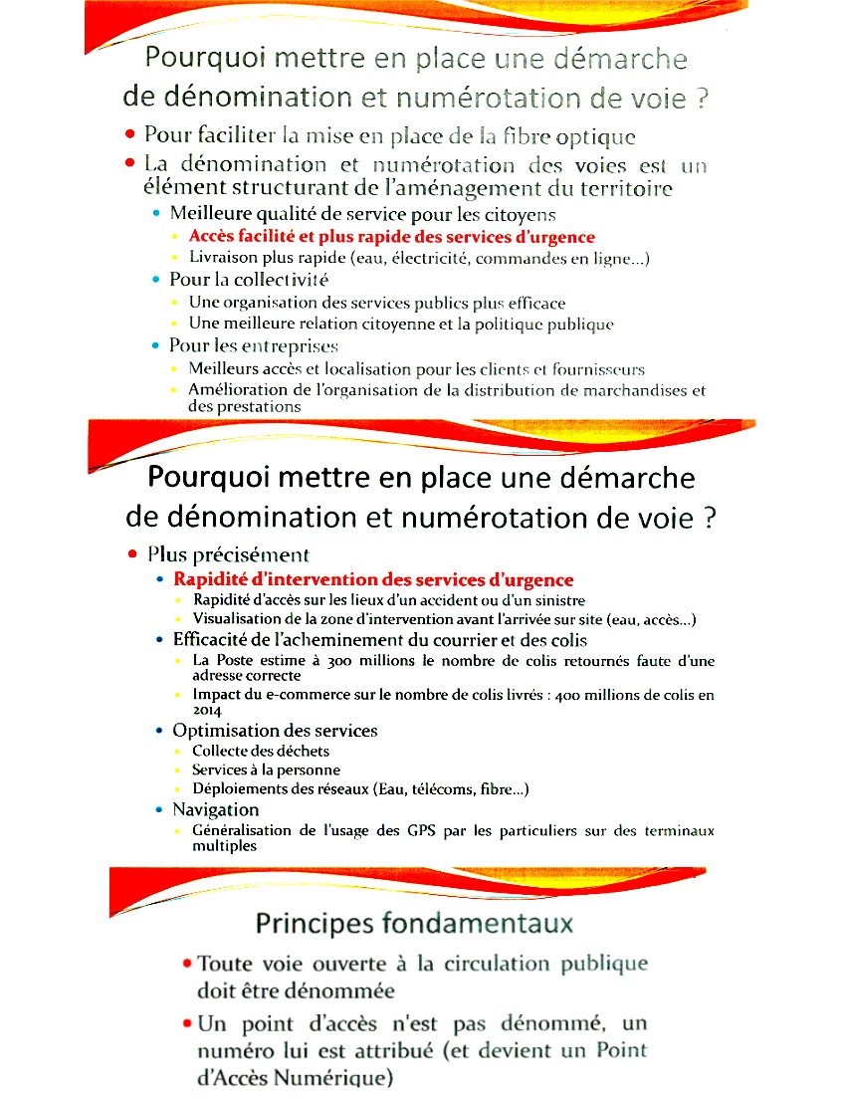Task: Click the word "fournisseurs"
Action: click(590, 369)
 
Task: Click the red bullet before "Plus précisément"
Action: click(132, 554)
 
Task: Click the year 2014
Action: click(207, 711)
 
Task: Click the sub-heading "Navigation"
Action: click(216, 809)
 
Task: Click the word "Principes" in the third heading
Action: click(316, 923)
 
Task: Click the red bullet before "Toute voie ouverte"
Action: click(187, 964)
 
